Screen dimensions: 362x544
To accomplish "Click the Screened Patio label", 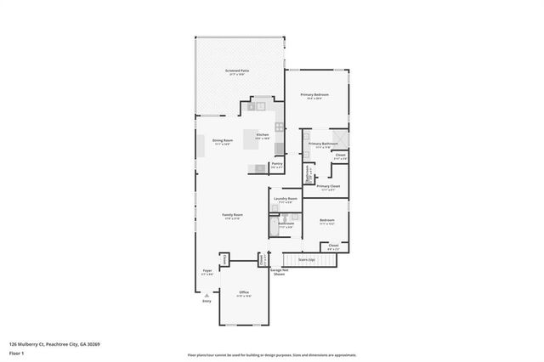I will (x=237, y=71).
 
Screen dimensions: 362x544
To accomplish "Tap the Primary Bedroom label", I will (x=316, y=95).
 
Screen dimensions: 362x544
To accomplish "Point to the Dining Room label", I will (x=222, y=141).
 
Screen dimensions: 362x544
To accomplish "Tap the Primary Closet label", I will (x=328, y=186).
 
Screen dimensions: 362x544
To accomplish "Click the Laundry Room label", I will (x=286, y=200).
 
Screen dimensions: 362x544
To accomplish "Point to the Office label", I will (x=243, y=291).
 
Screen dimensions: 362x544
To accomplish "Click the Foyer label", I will (x=207, y=273).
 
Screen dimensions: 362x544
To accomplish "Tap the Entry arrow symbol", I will (x=206, y=293).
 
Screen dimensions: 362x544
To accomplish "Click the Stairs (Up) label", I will (x=307, y=260).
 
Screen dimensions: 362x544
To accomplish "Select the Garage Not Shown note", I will (x=278, y=273).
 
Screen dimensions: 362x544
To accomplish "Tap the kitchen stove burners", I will (x=279, y=127).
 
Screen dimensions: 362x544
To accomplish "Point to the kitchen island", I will (x=252, y=139).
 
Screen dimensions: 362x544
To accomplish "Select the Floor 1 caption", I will (x=16, y=353).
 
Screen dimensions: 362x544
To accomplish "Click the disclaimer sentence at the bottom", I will (x=272, y=354).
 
